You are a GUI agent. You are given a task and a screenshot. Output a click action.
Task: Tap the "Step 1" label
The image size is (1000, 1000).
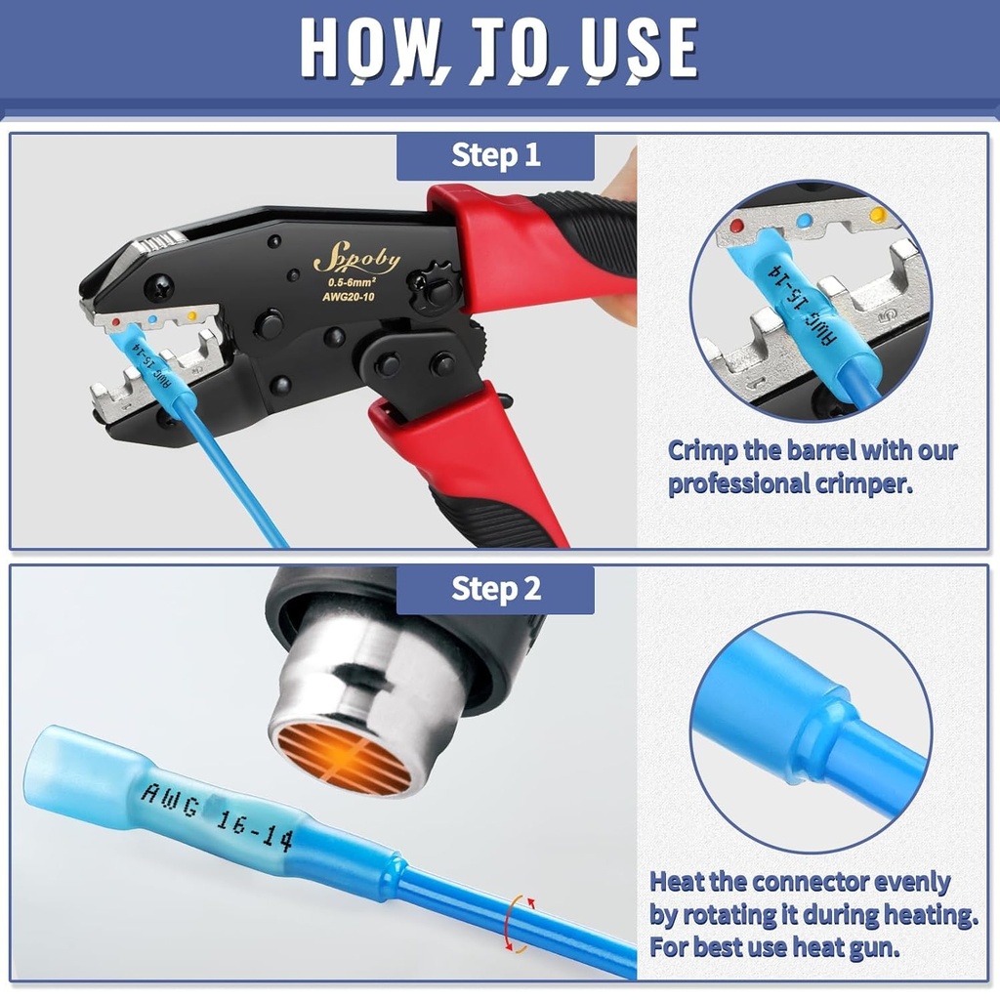tap(495, 156)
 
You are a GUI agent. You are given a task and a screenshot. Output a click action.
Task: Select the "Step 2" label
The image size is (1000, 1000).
tap(495, 590)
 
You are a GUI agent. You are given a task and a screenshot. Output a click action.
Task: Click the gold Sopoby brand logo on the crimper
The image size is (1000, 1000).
tap(356, 260)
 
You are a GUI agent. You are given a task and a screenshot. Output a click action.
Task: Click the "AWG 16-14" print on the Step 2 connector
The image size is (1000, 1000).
tap(217, 815)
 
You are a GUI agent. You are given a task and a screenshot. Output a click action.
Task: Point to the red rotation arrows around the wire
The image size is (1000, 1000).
tap(519, 923)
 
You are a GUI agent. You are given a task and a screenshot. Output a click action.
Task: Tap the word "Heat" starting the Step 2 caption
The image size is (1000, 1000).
tap(678, 882)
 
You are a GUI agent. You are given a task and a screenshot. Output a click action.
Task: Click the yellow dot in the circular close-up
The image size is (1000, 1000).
tap(877, 214)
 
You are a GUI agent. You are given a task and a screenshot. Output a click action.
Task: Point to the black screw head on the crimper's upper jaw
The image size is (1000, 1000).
tap(159, 287)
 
